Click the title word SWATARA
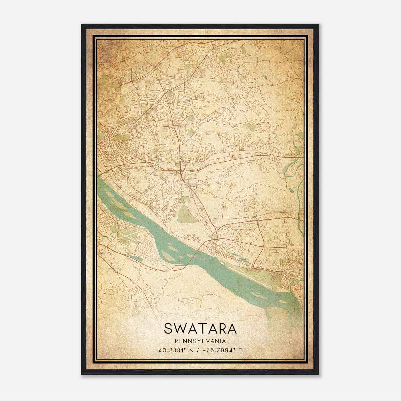click(200, 329)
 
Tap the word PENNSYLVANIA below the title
click(200, 341)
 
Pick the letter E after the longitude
click(240, 350)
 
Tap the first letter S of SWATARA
click(168, 329)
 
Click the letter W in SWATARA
click(180, 329)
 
